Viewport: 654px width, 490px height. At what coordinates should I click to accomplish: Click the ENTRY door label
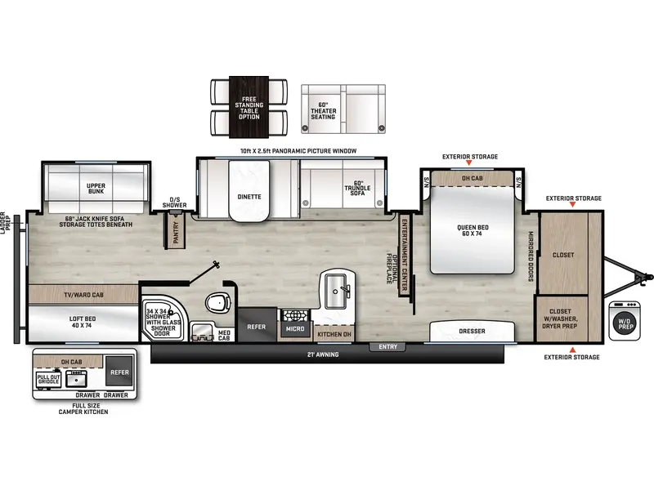(387, 347)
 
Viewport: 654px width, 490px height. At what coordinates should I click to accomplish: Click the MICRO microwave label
(294, 328)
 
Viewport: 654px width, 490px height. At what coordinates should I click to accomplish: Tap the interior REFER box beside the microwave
(257, 326)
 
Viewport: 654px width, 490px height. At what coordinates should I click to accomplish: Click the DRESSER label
(473, 332)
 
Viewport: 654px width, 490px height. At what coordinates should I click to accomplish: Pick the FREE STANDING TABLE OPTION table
(249, 109)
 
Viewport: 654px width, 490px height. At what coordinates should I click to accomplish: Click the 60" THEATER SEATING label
(328, 109)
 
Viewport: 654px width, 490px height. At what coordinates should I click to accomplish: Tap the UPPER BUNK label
(96, 188)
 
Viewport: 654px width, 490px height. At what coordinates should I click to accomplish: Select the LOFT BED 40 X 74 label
(81, 322)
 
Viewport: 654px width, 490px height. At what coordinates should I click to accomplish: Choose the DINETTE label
(249, 196)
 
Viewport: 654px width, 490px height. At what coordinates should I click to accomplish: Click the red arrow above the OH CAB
(469, 165)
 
